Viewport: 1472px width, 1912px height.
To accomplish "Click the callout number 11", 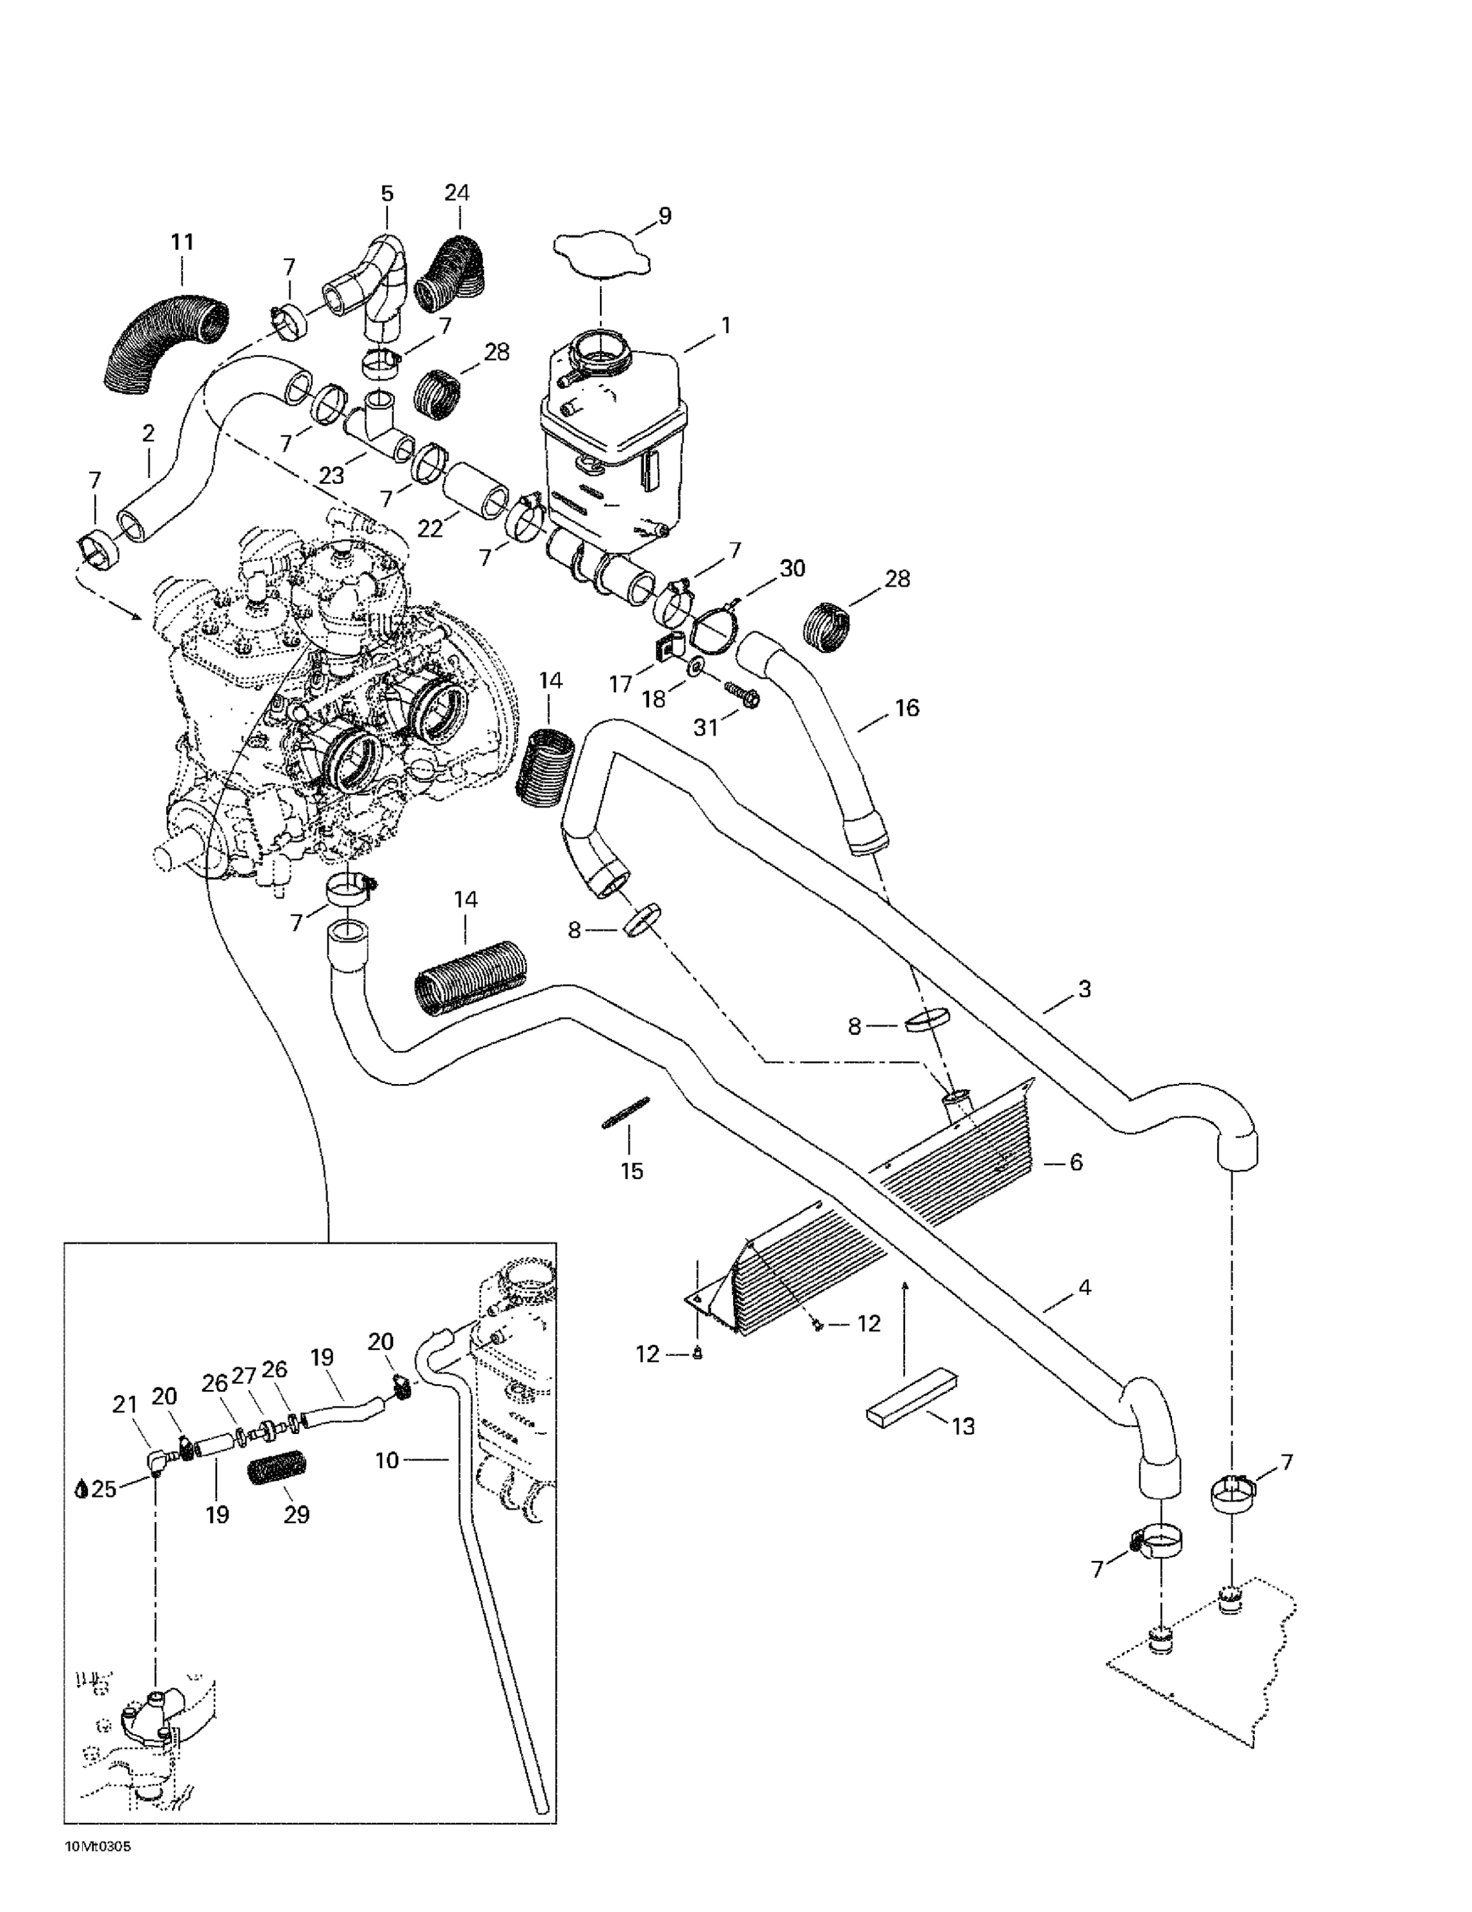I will coord(182,242).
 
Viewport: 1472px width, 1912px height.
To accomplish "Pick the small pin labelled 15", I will coord(625,1113).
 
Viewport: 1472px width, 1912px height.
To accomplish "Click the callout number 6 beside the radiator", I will coord(1076,1162).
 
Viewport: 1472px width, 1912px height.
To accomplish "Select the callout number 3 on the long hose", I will coord(1084,989).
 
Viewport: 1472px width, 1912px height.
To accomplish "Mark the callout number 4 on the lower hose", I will coord(1084,1288).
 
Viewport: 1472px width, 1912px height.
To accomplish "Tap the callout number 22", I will coord(431,529).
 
